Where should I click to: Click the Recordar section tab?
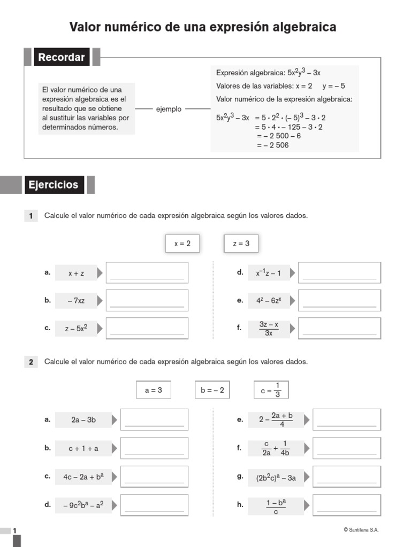(62, 57)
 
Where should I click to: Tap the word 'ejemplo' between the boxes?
(169, 109)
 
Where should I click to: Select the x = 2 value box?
(182, 244)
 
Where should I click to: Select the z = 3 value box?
(241, 244)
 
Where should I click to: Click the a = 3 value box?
(153, 390)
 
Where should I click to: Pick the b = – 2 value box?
(212, 390)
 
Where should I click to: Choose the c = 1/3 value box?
(271, 390)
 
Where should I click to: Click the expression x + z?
(76, 273)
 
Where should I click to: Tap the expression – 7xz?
(76, 301)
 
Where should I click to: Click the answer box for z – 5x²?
(147, 329)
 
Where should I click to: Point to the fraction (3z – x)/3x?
(269, 329)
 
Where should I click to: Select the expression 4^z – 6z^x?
(269, 301)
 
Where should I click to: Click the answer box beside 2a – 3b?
(154, 420)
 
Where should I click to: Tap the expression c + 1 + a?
(83, 448)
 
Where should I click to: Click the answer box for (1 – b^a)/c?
(347, 504)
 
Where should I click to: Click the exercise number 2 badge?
(31, 362)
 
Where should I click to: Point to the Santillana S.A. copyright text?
(361, 530)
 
